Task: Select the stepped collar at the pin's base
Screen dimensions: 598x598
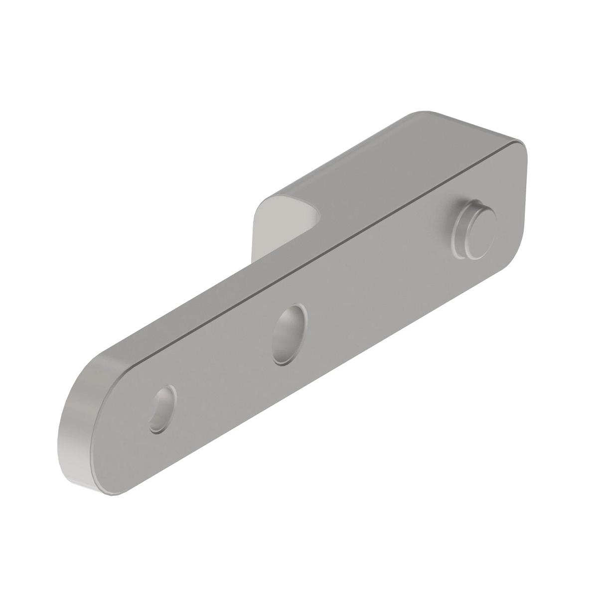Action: click(461, 234)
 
